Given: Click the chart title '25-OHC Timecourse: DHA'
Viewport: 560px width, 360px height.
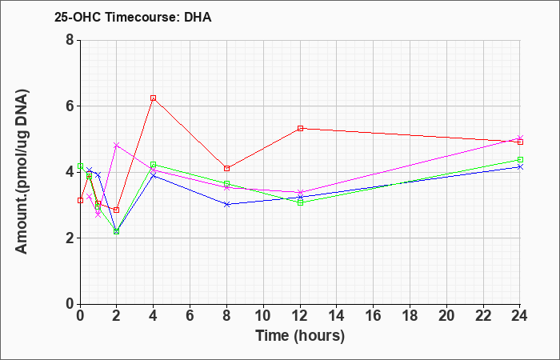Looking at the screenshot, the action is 133,17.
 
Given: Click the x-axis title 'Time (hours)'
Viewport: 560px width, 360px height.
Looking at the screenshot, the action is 300,336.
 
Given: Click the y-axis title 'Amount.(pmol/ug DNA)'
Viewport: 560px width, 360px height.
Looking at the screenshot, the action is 22,172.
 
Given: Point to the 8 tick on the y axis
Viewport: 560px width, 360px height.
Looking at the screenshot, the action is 70,40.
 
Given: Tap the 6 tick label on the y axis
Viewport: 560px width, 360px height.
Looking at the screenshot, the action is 70,106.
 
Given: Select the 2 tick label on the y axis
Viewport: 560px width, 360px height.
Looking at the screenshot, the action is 70,238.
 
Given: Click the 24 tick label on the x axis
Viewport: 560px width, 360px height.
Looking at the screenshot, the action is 520,316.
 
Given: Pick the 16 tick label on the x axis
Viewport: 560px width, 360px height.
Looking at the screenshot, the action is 374,316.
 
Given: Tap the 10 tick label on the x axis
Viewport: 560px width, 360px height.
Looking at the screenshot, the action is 263,316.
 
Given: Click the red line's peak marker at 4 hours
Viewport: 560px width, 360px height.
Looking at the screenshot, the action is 154,98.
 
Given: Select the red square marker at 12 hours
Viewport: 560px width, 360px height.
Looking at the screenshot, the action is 300,128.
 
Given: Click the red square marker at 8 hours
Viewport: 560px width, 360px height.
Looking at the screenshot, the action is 226,168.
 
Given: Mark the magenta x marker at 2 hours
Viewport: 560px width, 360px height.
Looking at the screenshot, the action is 117,145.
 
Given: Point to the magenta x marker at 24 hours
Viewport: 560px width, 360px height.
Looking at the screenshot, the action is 520,138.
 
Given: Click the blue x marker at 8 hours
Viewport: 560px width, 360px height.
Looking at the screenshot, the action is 226,204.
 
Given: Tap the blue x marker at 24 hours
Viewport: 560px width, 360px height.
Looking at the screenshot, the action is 520,166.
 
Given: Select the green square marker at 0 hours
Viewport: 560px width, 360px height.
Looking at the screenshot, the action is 80,166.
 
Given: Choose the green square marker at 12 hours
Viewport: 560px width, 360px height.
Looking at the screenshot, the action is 300,203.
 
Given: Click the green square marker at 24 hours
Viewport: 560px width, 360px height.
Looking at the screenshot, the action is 520,160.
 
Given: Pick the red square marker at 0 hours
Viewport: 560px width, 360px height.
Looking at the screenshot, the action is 80,200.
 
